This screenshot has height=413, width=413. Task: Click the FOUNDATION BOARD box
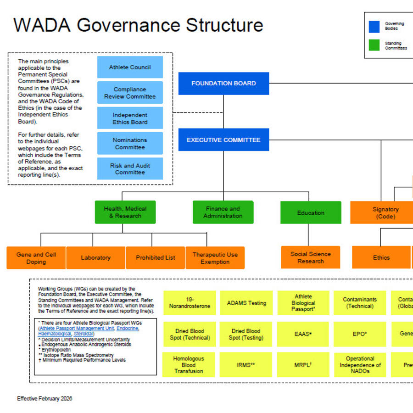pyautogui.click(x=223, y=84)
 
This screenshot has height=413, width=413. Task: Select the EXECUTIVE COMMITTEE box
pyautogui.click(x=223, y=140)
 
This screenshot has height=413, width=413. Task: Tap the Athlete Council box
pyautogui.click(x=130, y=67)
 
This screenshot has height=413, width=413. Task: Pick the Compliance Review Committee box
pyautogui.click(x=130, y=93)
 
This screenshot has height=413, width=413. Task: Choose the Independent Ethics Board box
pyautogui.click(x=130, y=118)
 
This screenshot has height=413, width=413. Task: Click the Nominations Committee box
pyautogui.click(x=130, y=144)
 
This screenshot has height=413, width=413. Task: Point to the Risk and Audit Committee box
pyautogui.click(x=130, y=169)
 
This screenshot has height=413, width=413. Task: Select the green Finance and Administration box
pyautogui.click(x=223, y=212)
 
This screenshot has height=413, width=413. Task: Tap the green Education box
pyautogui.click(x=311, y=213)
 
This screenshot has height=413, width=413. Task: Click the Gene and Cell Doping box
pyautogui.click(x=36, y=258)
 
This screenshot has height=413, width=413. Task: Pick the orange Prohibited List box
pyautogui.click(x=156, y=258)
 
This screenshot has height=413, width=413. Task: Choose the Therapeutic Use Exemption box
pyautogui.click(x=215, y=258)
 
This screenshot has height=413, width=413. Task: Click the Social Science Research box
pyautogui.click(x=311, y=257)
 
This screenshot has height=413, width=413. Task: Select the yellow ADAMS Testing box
pyautogui.click(x=246, y=303)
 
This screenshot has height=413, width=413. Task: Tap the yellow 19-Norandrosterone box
pyautogui.click(x=189, y=303)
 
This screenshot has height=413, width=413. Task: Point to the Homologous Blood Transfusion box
pyautogui.click(x=189, y=365)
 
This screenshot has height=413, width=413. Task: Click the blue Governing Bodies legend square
pyautogui.click(x=374, y=27)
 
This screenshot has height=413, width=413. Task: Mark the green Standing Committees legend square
pyautogui.click(x=374, y=45)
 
